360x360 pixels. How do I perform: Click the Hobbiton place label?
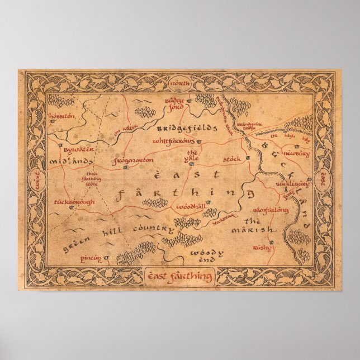[61, 116]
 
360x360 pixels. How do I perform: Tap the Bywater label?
[73, 150]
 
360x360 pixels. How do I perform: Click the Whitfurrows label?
[174, 141]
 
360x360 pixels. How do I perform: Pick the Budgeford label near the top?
[174, 103]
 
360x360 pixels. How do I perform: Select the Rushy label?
[261, 246]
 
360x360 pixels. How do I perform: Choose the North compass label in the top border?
[180, 84]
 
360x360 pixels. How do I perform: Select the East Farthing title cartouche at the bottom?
[180, 275]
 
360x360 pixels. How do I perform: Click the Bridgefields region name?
[186, 128]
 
